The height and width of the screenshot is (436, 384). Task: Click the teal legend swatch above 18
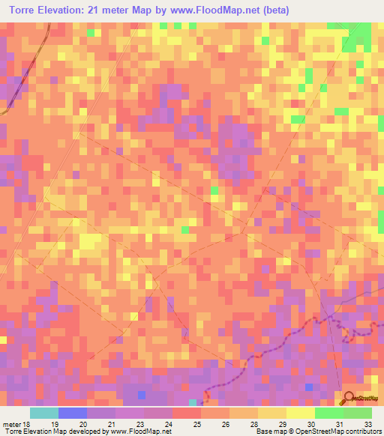point(44,413)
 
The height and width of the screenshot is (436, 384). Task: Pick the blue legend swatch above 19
point(73,413)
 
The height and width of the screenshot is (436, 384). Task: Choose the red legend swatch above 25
point(187,413)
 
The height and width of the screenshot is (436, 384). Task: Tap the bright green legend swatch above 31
point(329,413)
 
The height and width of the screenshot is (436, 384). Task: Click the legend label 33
point(367,424)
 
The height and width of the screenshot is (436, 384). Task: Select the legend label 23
point(139,424)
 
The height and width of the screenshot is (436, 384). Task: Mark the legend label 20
point(82,424)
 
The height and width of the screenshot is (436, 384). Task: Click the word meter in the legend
point(13,424)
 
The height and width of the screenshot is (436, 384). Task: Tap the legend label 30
point(310,424)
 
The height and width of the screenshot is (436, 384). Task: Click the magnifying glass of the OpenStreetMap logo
point(348,397)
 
